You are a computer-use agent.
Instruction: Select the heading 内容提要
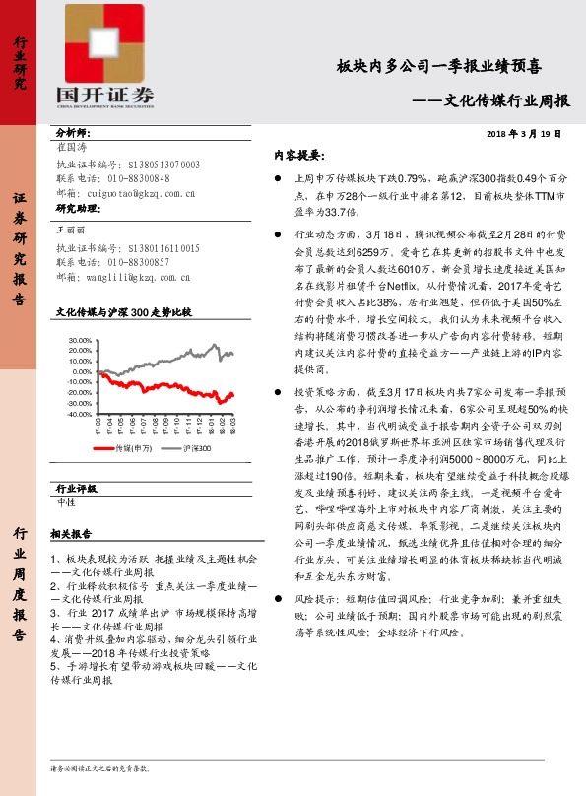pyautogui.click(x=297, y=156)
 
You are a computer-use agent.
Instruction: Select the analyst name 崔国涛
pyautogui.click(x=74, y=146)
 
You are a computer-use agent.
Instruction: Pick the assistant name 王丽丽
pyautogui.click(x=74, y=228)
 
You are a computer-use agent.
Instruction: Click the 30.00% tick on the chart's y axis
pyautogui.click(x=80, y=339)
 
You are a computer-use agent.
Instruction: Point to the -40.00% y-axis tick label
pyautogui.click(x=79, y=415)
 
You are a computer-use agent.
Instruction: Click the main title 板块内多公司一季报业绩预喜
pyautogui.click(x=439, y=67)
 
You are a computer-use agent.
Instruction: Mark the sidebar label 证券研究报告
pyautogui.click(x=19, y=246)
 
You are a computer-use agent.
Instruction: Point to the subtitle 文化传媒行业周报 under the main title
pyautogui.click(x=502, y=100)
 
